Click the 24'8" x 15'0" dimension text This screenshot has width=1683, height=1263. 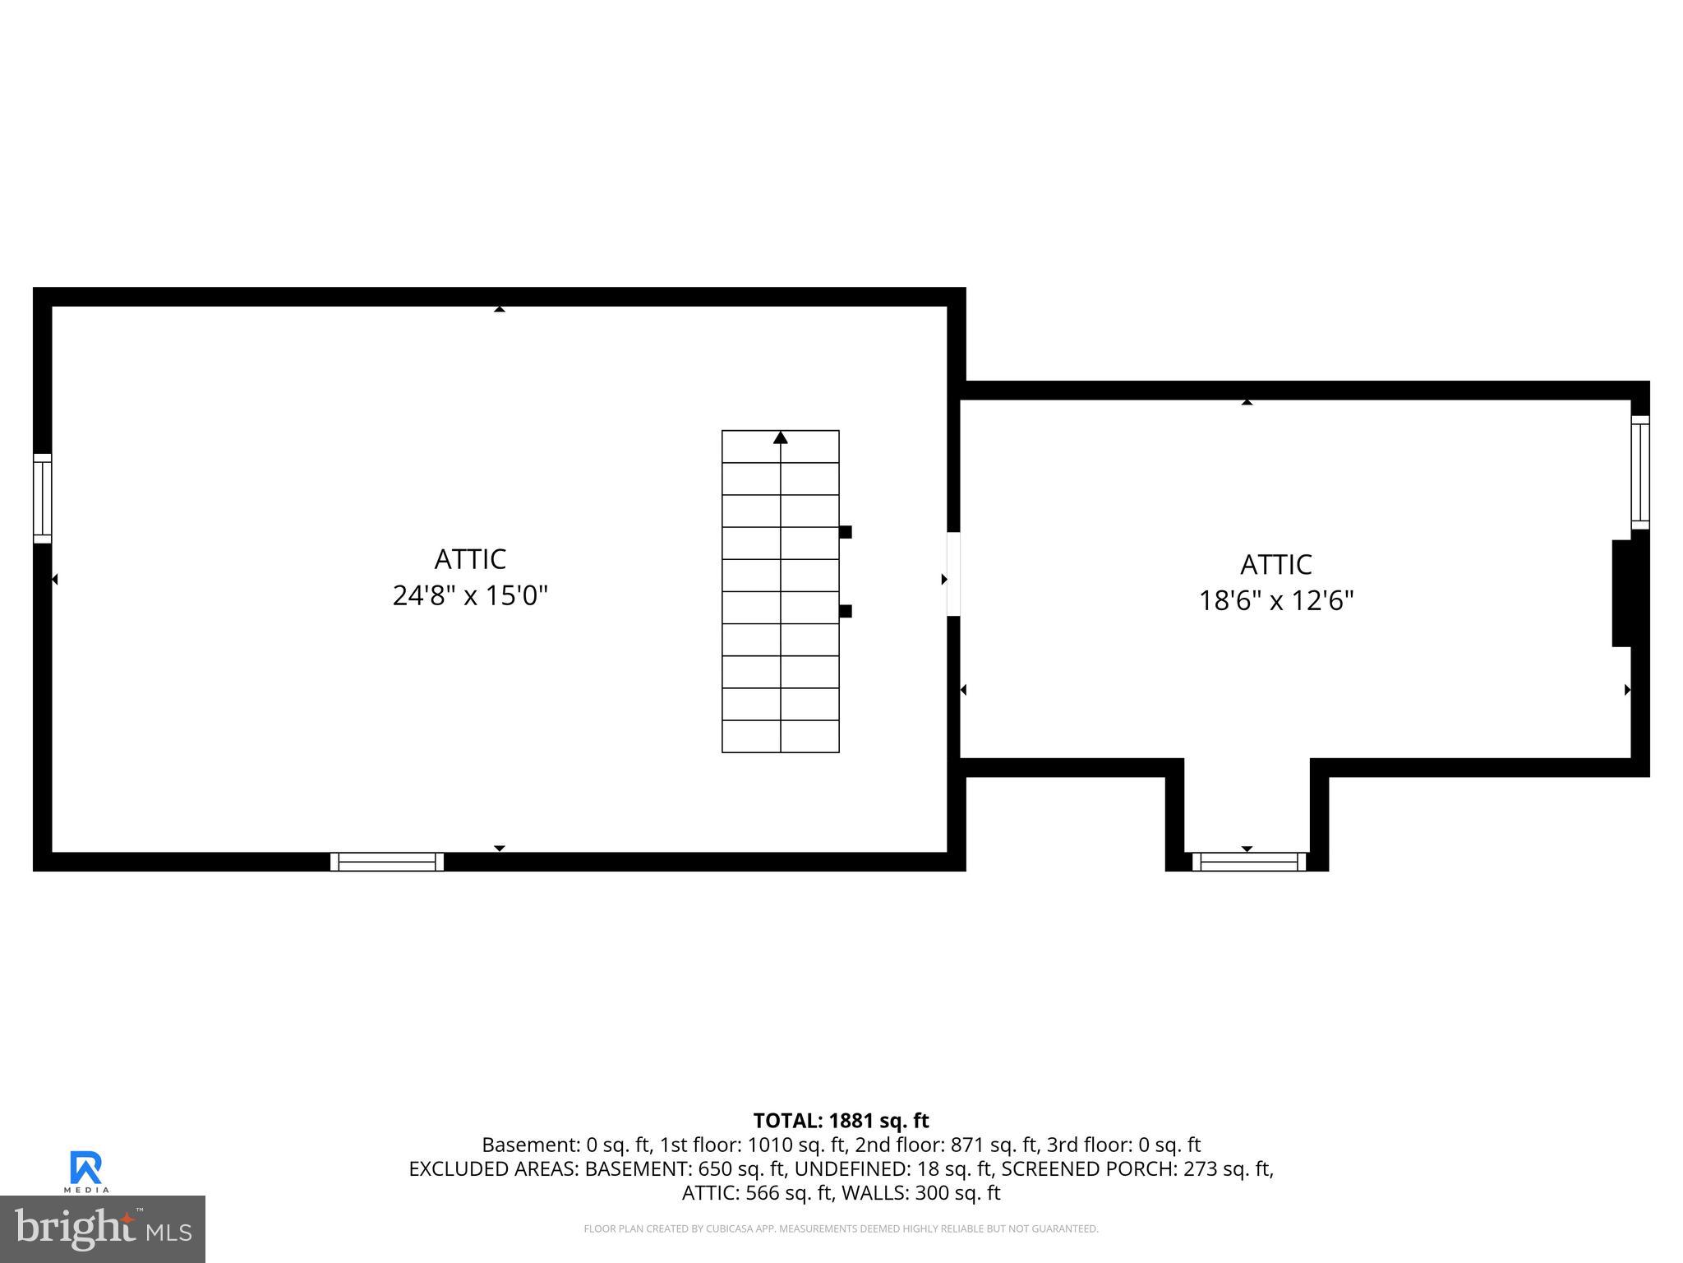click(470, 595)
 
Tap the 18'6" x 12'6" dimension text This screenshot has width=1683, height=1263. click(1275, 601)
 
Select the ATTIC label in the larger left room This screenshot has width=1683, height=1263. click(470, 559)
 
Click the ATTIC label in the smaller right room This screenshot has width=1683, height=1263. click(1275, 565)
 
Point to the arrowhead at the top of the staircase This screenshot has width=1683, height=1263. click(781, 438)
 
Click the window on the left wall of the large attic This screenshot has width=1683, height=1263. click(42, 498)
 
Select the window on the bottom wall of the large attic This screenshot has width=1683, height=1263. click(387, 862)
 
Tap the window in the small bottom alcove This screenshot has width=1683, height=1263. click(1248, 862)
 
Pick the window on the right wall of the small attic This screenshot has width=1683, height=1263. click(1639, 473)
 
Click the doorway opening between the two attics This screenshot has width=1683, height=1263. click(953, 574)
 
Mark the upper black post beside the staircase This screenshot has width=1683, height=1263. click(846, 532)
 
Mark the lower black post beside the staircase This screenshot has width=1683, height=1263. click(846, 611)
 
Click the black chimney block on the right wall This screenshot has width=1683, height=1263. click(1622, 593)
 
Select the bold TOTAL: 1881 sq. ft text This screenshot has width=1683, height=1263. click(841, 1121)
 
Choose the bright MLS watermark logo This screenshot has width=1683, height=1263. click(103, 1229)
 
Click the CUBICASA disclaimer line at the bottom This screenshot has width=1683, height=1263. click(841, 1228)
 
